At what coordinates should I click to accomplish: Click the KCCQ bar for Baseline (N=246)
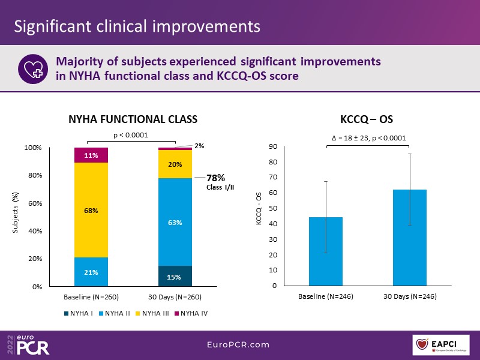(x=326, y=251)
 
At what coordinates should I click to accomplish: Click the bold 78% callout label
(x=215, y=178)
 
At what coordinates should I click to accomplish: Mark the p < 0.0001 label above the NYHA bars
(x=130, y=135)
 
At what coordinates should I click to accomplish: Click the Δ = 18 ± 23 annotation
(x=368, y=138)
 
